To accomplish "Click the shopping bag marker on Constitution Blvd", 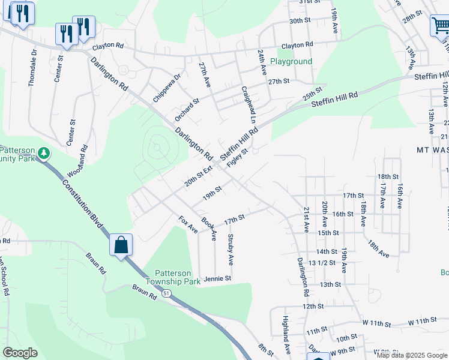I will (x=121, y=245).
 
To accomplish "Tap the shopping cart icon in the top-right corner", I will (x=440, y=26).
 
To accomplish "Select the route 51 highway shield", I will (x=166, y=293).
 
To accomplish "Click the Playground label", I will (x=291, y=62).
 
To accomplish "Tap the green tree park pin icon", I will (x=44, y=154).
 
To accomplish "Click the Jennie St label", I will (x=217, y=279).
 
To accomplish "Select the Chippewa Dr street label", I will (x=166, y=88).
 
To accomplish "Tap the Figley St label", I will (x=238, y=158).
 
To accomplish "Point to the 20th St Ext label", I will (x=198, y=177).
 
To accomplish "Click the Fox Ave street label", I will (x=188, y=224).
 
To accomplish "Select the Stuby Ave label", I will (x=230, y=250).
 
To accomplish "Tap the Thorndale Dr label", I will (x=32, y=68).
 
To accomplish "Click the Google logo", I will (x=20, y=353).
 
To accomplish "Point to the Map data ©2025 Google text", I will (x=411, y=355).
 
